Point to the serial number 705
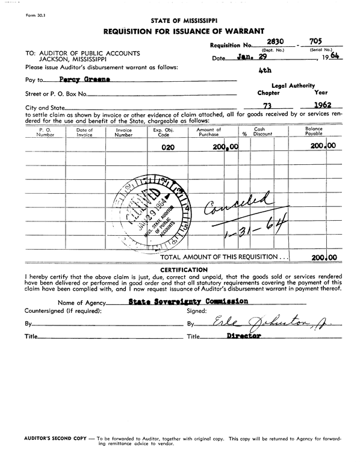(x=314, y=42)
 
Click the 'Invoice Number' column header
(x=123, y=132)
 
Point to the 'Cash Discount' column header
(x=259, y=132)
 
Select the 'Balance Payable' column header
(x=314, y=132)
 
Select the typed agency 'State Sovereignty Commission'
(x=188, y=301)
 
